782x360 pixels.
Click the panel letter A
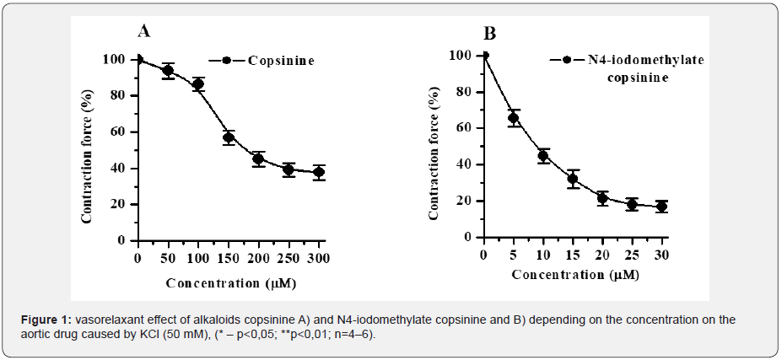click(x=144, y=32)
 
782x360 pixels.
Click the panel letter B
click(x=490, y=34)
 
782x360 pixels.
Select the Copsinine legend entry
click(x=281, y=61)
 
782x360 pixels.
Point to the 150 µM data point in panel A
click(x=229, y=137)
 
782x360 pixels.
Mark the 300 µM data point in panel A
click(x=319, y=172)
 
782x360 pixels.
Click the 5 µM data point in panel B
click(x=514, y=118)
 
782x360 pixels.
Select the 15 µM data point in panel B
click(x=573, y=179)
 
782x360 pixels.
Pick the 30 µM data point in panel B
click(x=661, y=206)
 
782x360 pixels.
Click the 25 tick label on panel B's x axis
click(x=632, y=255)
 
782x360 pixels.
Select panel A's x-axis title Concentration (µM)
click(x=229, y=282)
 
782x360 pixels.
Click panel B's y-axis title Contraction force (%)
click(x=434, y=155)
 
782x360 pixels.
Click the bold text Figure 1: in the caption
click(x=46, y=320)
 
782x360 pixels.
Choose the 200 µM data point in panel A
click(x=259, y=159)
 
